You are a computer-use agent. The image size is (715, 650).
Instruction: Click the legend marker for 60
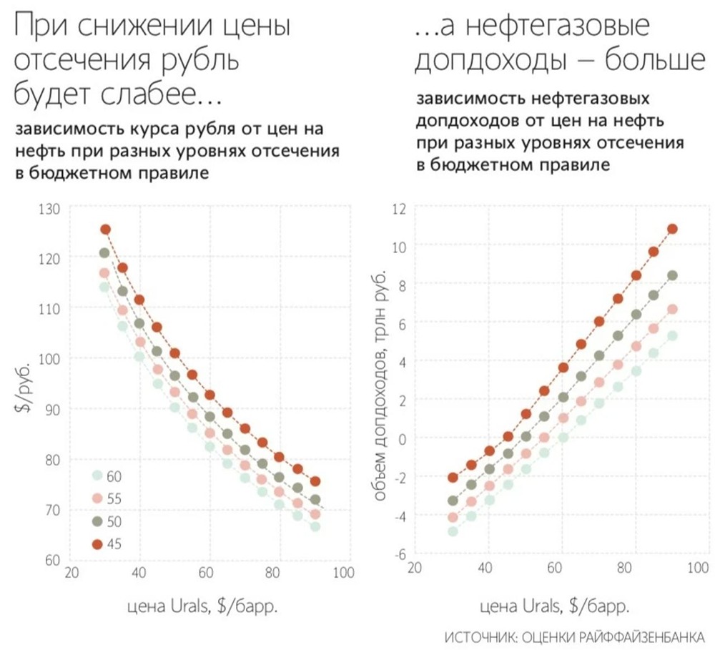[x=97, y=476]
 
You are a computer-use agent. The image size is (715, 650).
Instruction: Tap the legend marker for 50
[x=97, y=521]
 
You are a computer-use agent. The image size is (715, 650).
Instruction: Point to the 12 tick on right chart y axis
[x=399, y=209]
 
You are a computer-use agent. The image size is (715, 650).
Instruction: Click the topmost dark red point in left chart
[x=105, y=230]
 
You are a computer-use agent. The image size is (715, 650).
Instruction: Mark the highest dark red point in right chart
[x=672, y=229]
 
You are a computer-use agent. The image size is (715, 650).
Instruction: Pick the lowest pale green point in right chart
[x=452, y=531]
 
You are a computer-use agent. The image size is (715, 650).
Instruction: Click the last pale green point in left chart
[x=315, y=527]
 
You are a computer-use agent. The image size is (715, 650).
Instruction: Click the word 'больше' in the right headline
[x=647, y=61]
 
